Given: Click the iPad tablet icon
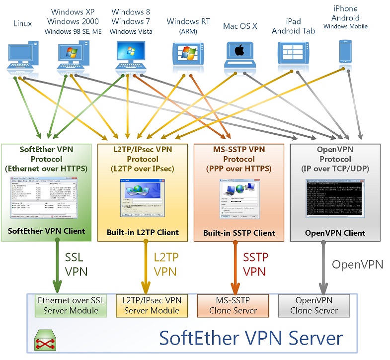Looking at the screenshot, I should click(293, 53).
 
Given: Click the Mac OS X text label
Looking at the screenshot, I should click(240, 26).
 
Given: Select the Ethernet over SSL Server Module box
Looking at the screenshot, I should click(71, 305).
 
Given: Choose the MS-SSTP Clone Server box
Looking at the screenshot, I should click(233, 305).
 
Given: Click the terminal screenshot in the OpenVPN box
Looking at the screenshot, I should click(335, 201).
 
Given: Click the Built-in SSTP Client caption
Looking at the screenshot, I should click(238, 233).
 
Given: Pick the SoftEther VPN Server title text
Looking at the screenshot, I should click(251, 338).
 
